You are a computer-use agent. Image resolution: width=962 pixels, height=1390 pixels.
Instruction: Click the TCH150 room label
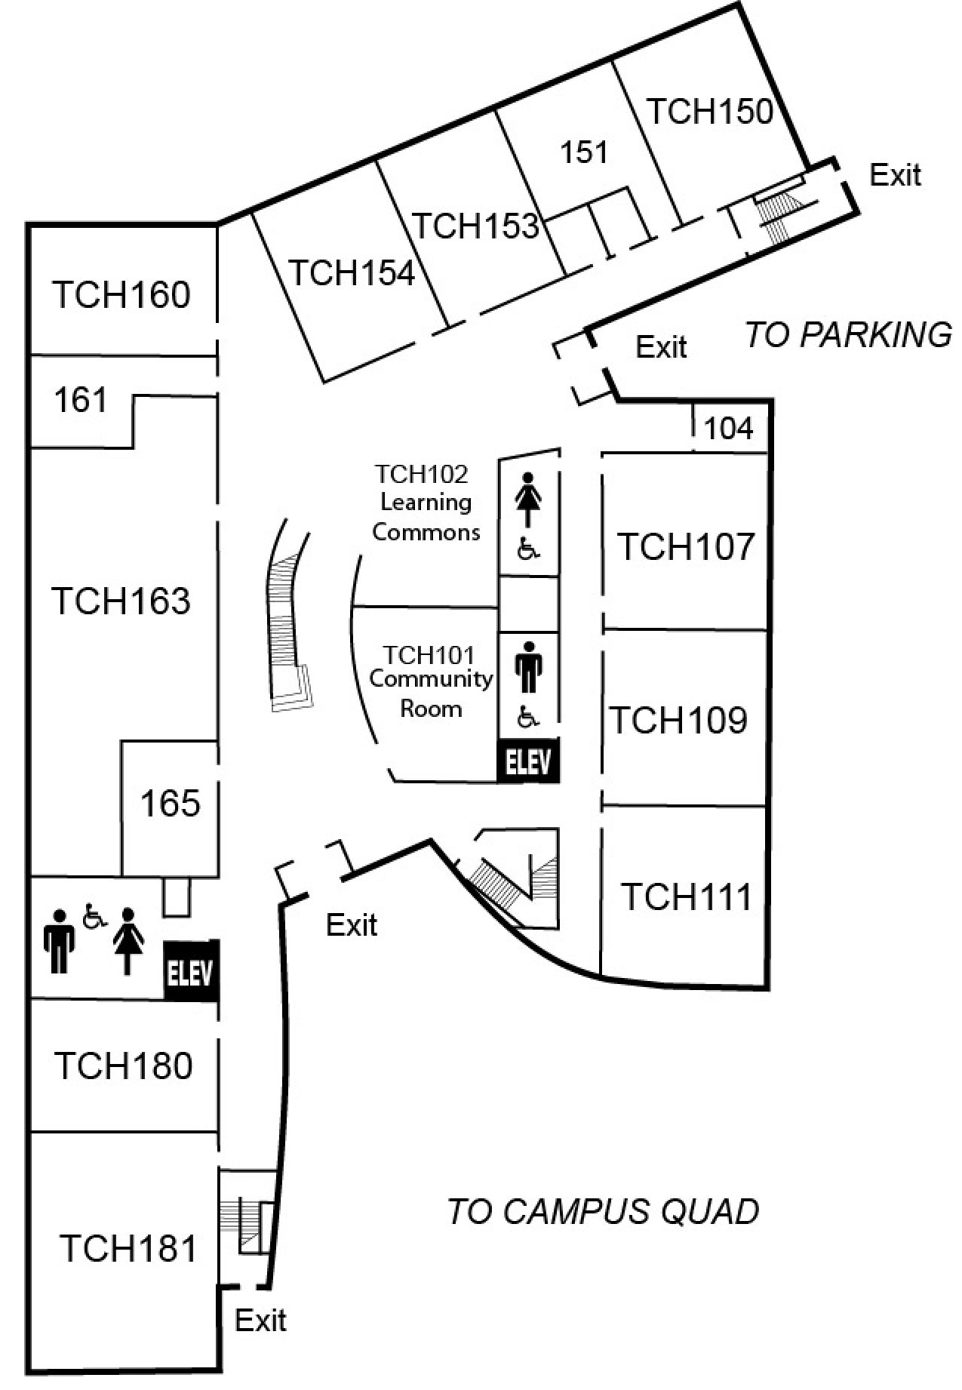[710, 112]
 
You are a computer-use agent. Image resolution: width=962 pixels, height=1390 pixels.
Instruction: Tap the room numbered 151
[583, 152]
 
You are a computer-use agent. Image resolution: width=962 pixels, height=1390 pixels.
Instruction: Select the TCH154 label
[352, 272]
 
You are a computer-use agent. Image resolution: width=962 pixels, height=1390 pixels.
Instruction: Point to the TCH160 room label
[121, 294]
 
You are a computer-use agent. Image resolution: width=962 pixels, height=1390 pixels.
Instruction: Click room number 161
[80, 400]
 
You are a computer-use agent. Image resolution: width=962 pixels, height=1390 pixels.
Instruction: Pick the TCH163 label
[121, 601]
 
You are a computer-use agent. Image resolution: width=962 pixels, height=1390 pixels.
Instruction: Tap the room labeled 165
[171, 804]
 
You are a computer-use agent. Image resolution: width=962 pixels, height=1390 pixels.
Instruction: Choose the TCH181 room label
[128, 1248]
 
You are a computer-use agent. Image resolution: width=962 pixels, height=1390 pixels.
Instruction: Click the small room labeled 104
[728, 429]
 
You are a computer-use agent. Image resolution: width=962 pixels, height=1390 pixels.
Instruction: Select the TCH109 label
[678, 720]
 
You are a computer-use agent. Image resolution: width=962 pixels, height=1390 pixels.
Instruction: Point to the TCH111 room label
[687, 897]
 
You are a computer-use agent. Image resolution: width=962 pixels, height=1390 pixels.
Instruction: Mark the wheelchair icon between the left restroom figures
[94, 917]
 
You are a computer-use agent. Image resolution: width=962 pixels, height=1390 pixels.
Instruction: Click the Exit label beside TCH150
[896, 175]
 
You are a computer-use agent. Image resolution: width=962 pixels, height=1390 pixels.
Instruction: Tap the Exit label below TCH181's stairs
[260, 1321]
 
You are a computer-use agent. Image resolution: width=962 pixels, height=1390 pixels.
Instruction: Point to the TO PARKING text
[848, 335]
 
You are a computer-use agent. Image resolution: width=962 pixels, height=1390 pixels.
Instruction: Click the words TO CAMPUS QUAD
[603, 1212]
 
